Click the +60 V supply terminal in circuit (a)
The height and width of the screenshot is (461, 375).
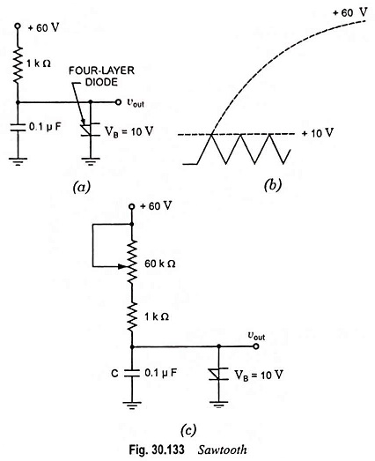click(x=18, y=26)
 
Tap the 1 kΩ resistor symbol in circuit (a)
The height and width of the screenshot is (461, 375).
click(x=18, y=64)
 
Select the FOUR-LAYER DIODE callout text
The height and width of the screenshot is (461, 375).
click(x=101, y=76)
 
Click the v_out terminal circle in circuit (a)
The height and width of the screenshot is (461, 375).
click(x=118, y=102)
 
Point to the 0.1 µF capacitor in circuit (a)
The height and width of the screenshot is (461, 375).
click(x=18, y=129)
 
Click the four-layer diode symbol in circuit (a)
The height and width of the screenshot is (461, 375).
click(x=90, y=130)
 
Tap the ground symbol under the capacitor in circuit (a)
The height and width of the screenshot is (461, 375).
click(x=18, y=161)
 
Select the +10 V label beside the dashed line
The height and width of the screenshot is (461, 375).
click(x=318, y=133)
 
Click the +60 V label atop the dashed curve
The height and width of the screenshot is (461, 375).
click(x=349, y=12)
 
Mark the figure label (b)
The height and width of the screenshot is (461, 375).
click(x=273, y=185)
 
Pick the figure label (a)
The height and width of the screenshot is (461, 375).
click(x=82, y=187)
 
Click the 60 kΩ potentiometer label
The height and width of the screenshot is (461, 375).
click(x=160, y=264)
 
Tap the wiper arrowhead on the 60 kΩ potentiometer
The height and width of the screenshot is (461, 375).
click(x=121, y=266)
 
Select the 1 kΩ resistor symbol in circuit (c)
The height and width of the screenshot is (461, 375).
click(x=132, y=317)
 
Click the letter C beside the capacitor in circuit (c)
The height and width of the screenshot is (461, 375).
click(x=114, y=374)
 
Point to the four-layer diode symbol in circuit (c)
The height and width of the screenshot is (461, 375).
click(x=218, y=374)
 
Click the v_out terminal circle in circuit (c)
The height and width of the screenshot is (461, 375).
click(x=256, y=346)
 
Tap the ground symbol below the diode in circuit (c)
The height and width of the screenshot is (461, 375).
click(x=218, y=405)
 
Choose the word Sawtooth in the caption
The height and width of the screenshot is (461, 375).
click(x=223, y=450)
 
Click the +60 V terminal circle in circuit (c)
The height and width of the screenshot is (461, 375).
click(x=132, y=206)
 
